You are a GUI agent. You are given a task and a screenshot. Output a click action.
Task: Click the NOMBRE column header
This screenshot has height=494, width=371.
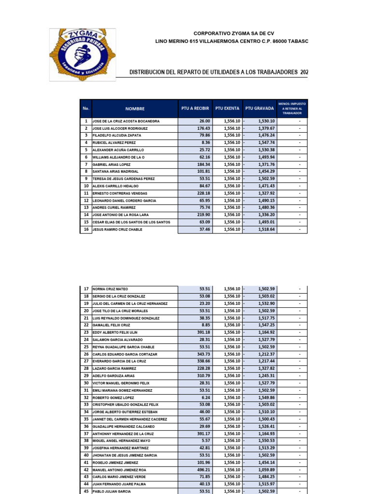tap(135, 109)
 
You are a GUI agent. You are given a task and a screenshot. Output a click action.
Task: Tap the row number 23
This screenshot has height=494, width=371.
tap(86, 332)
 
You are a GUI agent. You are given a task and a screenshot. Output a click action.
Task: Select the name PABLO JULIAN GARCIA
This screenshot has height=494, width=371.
tap(112, 491)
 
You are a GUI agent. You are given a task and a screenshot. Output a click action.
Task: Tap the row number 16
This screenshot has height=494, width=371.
tap(86, 230)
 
